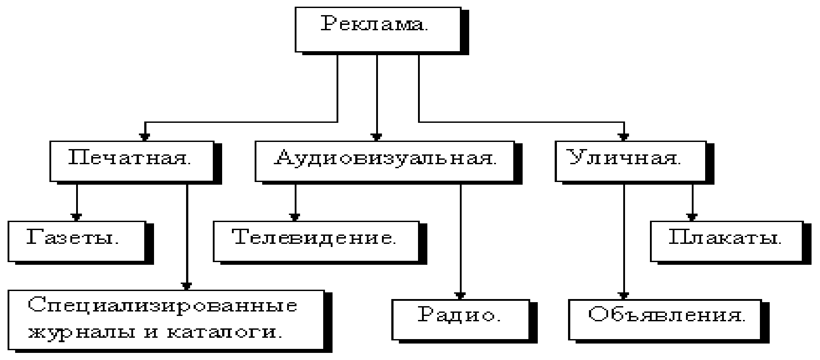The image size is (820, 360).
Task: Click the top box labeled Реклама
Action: tap(378, 29)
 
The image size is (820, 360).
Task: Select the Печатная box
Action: tap(132, 161)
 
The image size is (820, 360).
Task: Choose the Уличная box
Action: tap(630, 161)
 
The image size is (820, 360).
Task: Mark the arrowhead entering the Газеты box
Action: tap(77, 217)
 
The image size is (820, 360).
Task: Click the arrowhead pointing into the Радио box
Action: tap(460, 295)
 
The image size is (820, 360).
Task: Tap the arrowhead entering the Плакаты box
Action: tap(692, 217)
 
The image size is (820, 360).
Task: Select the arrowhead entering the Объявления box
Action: tap(624, 295)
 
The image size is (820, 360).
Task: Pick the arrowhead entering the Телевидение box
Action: tap(294, 217)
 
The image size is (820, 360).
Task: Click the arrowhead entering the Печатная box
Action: tap(144, 137)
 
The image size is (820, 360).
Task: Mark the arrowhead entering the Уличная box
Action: tap(624, 137)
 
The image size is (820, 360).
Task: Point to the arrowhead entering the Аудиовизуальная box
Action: tap(377, 137)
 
